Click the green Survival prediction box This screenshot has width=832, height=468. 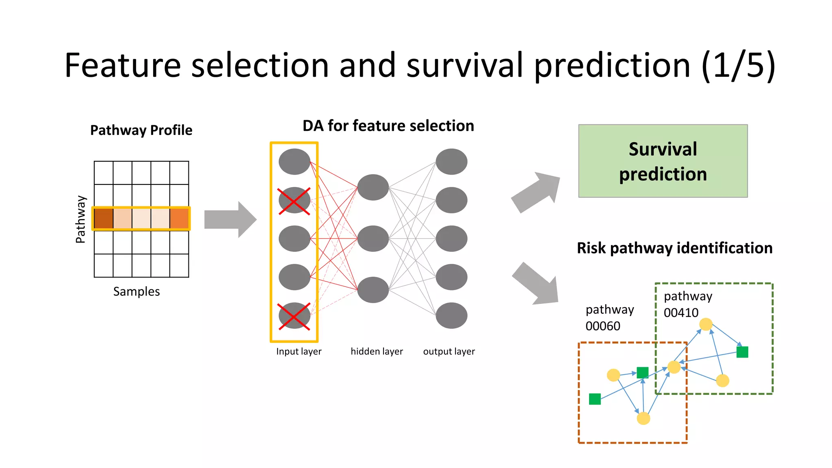tap(663, 161)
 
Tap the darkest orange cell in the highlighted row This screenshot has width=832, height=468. tap(104, 219)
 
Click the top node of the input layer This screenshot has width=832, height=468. tap(294, 162)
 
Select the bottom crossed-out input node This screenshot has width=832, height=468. tap(294, 316)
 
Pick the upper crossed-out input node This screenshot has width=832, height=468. tap(294, 200)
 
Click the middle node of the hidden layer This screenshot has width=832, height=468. tap(373, 238)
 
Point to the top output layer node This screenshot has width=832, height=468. tap(451, 162)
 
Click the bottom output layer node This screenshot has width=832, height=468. tap(451, 316)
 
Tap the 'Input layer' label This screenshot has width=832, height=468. tap(299, 351)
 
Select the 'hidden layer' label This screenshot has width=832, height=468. tap(377, 351)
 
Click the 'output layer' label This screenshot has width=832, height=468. tap(449, 351)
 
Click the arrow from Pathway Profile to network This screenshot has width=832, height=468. tap(230, 219)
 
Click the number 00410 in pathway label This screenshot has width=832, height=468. tap(681, 313)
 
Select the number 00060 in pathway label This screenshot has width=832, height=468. tap(602, 326)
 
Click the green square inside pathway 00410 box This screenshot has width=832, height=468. tap(742, 352)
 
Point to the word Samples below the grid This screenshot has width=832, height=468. tap(136, 292)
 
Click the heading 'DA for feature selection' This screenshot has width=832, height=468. tap(388, 126)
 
